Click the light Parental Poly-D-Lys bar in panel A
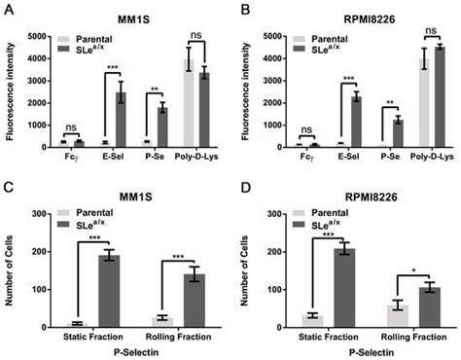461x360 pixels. tap(191, 103)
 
